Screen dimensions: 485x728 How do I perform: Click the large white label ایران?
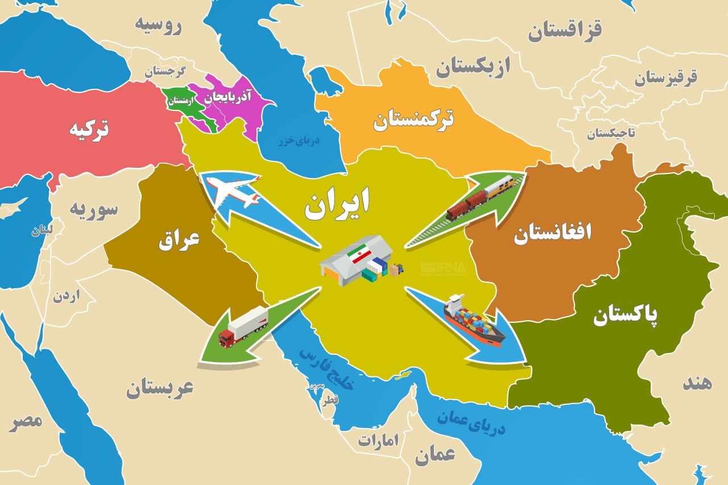[x=337, y=205]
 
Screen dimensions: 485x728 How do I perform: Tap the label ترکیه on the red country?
[x=89, y=129]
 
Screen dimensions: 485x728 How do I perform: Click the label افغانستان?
[x=552, y=233]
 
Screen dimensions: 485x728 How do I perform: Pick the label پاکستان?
[x=626, y=315]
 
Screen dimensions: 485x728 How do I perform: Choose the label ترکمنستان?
[x=413, y=120]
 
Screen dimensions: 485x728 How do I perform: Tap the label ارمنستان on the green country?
[x=178, y=101]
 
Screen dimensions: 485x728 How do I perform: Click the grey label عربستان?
[x=160, y=389]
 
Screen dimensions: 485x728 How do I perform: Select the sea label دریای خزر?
[x=299, y=140]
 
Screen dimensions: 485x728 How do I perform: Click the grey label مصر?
[x=26, y=421]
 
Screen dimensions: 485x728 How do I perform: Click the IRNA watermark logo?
[x=443, y=267]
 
